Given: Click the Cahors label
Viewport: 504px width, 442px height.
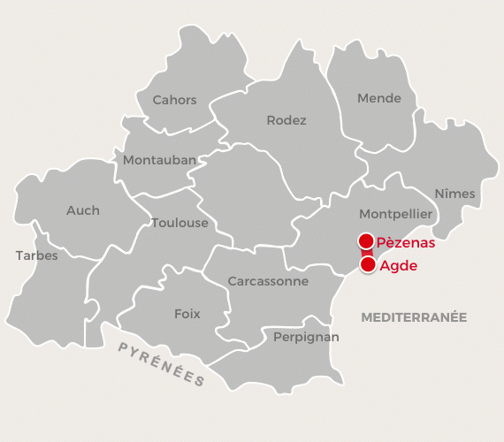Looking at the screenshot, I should click(174, 100).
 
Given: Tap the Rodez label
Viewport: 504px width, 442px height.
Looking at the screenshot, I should click(286, 120).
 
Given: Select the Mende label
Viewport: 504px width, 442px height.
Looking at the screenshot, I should click(379, 98).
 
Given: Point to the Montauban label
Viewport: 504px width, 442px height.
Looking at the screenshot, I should click(159, 160).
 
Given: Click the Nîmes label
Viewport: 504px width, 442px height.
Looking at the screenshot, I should click(454, 194).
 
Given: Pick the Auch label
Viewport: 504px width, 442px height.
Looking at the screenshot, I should click(83, 210).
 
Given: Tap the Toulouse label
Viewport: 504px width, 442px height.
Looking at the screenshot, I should click(179, 223).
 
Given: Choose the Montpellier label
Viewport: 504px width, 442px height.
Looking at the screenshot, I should click(395, 214).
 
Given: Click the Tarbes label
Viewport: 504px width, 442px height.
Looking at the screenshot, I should click(36, 255).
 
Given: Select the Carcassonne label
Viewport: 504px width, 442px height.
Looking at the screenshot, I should click(268, 281).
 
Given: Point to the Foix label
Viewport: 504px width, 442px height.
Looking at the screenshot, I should click(187, 314).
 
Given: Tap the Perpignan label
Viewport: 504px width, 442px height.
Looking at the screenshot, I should click(306, 337).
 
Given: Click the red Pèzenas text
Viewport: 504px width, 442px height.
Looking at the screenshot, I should click(406, 242).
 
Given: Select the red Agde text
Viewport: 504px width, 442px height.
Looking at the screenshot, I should click(398, 264).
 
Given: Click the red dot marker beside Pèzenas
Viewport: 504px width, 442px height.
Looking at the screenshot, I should click(365, 241).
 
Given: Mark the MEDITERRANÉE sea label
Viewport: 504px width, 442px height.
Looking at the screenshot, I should click(414, 316).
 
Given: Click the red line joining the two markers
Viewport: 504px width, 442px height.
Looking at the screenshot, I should click(366, 253).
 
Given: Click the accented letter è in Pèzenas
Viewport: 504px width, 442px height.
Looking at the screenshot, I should click(390, 242).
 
